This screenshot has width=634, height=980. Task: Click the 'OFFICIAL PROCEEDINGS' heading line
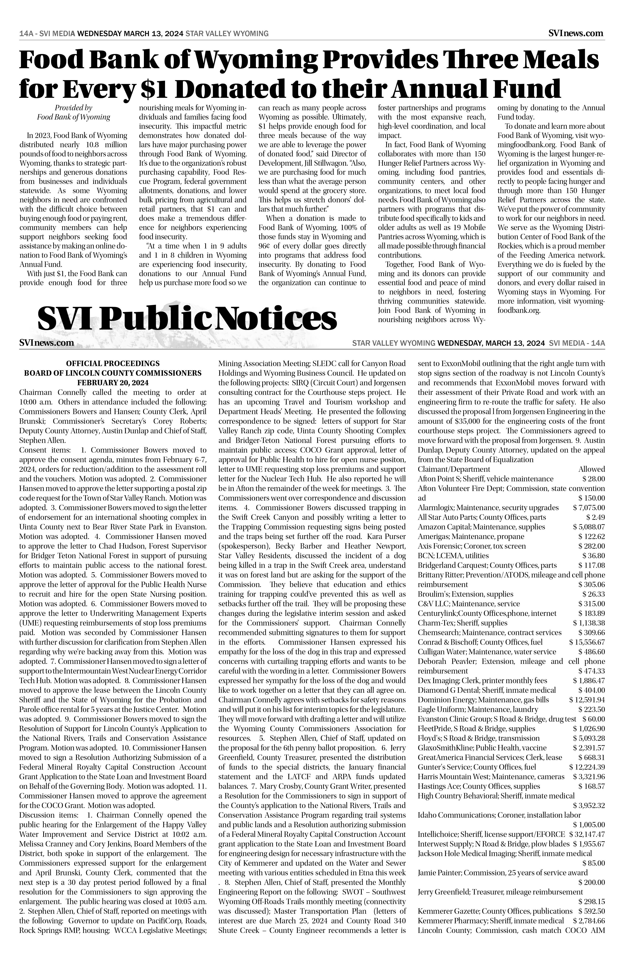[113, 364]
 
